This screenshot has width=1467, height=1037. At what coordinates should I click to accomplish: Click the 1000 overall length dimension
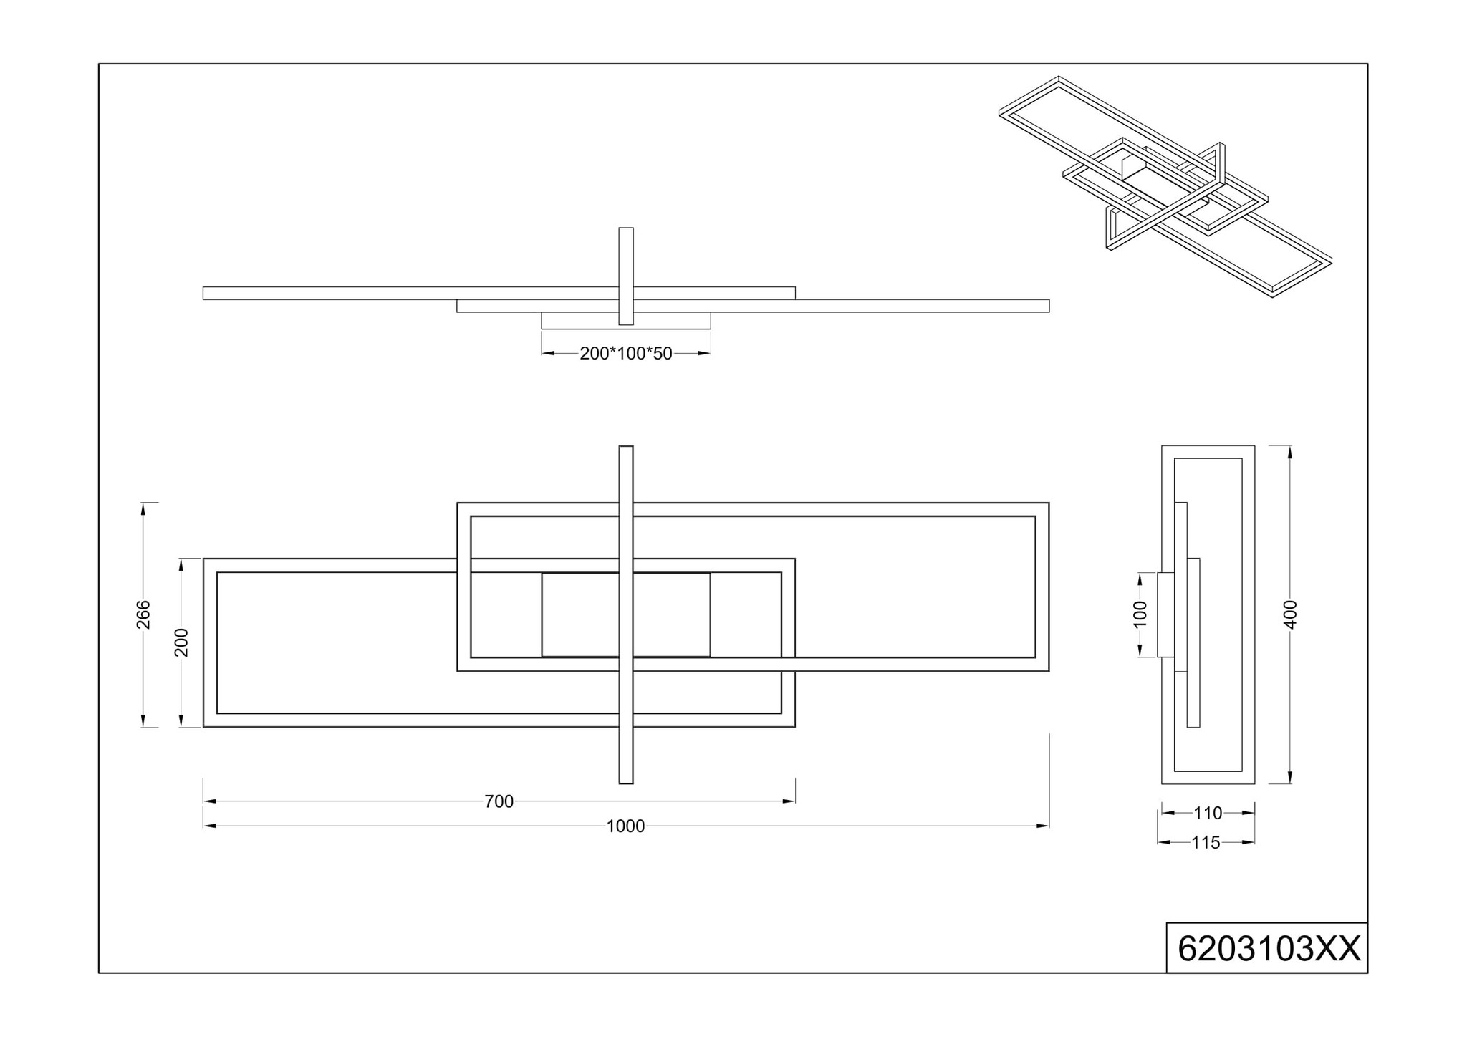[625, 826]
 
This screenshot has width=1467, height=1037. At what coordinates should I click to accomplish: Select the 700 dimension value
[499, 801]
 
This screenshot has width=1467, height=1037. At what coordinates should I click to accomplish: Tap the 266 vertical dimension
[144, 614]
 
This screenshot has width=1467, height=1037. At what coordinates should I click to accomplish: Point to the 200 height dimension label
[181, 642]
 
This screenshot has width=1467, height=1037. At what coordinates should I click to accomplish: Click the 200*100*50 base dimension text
[626, 354]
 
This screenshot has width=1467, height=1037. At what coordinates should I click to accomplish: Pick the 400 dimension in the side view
[1290, 614]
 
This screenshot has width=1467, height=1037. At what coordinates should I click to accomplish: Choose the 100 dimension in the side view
[1140, 614]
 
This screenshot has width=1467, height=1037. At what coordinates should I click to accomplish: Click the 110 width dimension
[1208, 814]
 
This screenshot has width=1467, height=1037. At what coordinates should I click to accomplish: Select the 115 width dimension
[1206, 843]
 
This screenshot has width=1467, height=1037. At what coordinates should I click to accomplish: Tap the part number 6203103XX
[1269, 950]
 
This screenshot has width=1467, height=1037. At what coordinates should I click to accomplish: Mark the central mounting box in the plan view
[626, 614]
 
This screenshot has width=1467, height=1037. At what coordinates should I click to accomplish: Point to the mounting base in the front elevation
[626, 320]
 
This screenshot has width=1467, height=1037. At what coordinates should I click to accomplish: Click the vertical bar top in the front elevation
[626, 228]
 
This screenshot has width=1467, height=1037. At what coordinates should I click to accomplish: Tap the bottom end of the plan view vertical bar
[626, 783]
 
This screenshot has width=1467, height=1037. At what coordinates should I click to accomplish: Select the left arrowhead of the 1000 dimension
[209, 826]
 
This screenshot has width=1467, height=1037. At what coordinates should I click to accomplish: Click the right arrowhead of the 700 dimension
[789, 801]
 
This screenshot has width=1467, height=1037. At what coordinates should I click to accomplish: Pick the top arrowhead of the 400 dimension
[1290, 452]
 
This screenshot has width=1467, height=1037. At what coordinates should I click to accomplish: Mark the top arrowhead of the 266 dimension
[144, 508]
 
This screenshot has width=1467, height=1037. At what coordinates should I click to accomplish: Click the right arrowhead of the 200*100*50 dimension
[705, 354]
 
